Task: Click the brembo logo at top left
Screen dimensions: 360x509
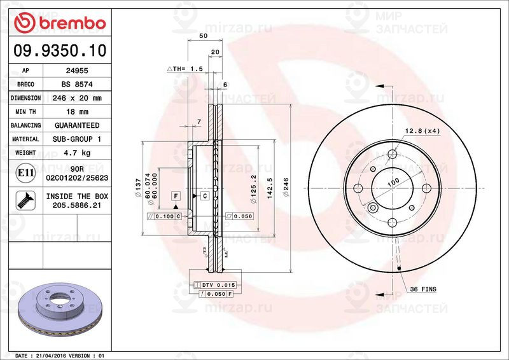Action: pyautogui.click(x=59, y=24)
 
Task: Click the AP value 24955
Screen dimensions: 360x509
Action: pyautogui.click(x=77, y=71)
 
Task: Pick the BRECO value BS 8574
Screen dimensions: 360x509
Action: pyautogui.click(x=77, y=85)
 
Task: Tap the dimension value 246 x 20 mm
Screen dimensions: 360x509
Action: pyautogui.click(x=77, y=99)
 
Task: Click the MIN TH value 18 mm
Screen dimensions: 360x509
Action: pyautogui.click(x=77, y=112)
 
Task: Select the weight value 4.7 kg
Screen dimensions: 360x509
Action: pyautogui.click(x=77, y=153)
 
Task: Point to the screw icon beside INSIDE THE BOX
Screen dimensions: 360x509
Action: pyautogui.click(x=25, y=200)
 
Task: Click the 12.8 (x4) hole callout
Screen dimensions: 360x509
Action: pyautogui.click(x=423, y=131)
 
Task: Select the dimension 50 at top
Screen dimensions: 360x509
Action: pyautogui.click(x=203, y=36)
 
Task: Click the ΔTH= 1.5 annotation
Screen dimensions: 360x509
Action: pyautogui.click(x=185, y=68)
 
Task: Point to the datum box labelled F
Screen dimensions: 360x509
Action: pyautogui.click(x=175, y=195)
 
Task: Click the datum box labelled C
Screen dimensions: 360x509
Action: pyautogui.click(x=204, y=195)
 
